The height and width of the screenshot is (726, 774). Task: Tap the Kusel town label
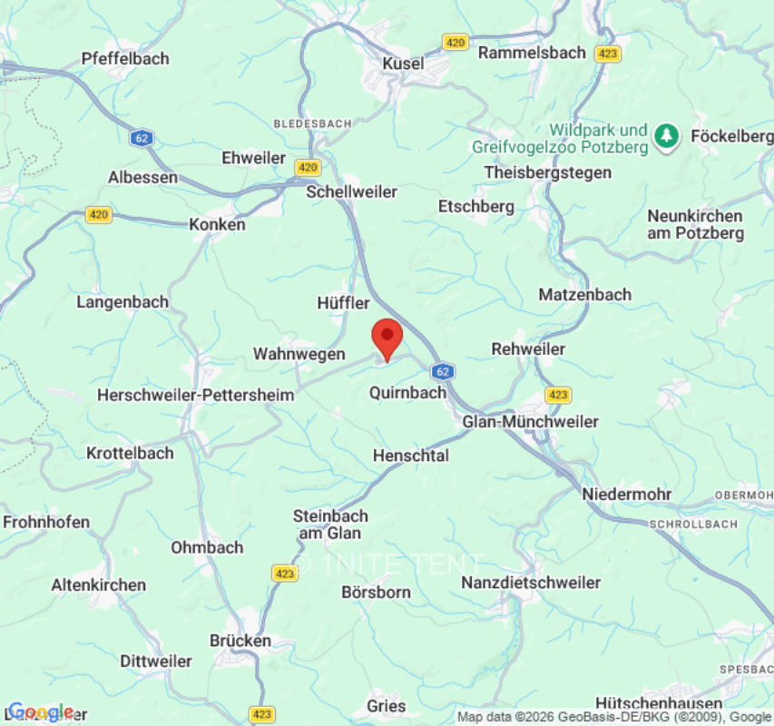403,64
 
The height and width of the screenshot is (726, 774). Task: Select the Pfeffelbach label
125,58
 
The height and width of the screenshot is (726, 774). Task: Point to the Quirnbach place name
408,393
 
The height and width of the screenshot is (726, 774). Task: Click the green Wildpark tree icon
668,137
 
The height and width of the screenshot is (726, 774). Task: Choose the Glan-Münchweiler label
531,422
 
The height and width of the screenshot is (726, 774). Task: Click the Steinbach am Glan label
330,525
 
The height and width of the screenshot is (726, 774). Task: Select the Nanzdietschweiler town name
531,583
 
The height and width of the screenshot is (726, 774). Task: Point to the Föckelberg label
731,136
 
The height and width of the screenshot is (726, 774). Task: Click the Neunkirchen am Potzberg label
695,224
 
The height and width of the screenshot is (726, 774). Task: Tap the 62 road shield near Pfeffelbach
141,138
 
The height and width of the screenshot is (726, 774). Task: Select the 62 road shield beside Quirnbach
442,371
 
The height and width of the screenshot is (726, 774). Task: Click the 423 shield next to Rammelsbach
608,54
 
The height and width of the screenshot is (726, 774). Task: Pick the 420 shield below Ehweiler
308,167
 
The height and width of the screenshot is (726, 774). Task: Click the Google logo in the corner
40,711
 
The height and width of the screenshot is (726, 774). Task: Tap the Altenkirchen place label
98,585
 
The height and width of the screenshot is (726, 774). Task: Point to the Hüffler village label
344,302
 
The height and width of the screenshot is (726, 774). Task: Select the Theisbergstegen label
548,172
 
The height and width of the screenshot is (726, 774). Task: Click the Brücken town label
240,641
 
